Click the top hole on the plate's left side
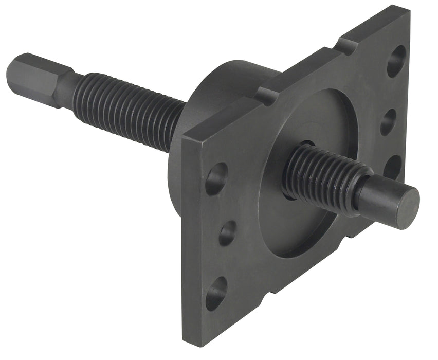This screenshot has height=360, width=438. point(216,178)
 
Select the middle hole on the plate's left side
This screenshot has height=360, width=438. point(228,232)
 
